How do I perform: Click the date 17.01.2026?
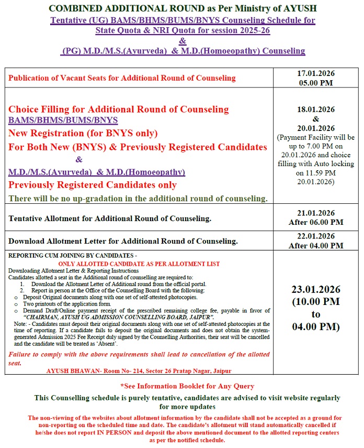[x=316, y=73]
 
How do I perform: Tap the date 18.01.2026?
[x=316, y=110]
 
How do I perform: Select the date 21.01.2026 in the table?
[x=316, y=213]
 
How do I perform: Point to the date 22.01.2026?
[x=316, y=236]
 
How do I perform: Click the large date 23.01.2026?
[x=316, y=289]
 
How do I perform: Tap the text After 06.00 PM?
[x=316, y=222]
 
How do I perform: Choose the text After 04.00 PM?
[x=316, y=245]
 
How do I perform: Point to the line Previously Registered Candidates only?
[x=93, y=184]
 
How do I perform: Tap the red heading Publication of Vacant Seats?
[x=122, y=78]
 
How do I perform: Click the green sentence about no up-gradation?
[x=138, y=198]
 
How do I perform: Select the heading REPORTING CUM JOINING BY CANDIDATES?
[x=72, y=255]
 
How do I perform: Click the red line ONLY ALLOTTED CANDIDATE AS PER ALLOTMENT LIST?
[x=139, y=264]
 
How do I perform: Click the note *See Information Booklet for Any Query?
[x=187, y=386]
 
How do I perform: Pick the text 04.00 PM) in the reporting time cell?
[x=316, y=327]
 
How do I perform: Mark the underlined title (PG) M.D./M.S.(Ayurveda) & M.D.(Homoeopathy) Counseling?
[x=183, y=51]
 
